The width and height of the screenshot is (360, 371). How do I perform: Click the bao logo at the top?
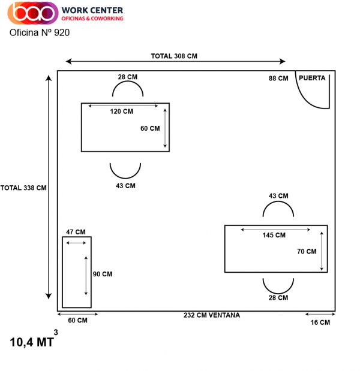tap(33, 13)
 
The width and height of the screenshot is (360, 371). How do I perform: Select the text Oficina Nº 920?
tap(40, 32)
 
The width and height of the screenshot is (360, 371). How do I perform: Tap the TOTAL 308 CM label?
tap(174, 56)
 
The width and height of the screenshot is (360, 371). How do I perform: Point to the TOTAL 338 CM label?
tap(23, 188)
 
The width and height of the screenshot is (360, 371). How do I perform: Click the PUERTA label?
tap(312, 78)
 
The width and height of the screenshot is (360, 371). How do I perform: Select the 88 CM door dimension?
tap(278, 79)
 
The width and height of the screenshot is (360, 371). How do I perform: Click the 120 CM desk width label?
tap(121, 111)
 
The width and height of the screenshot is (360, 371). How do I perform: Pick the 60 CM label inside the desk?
tap(150, 128)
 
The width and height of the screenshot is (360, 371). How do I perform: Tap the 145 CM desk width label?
tap(274, 235)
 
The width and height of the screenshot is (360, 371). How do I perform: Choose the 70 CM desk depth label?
tap(307, 252)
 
